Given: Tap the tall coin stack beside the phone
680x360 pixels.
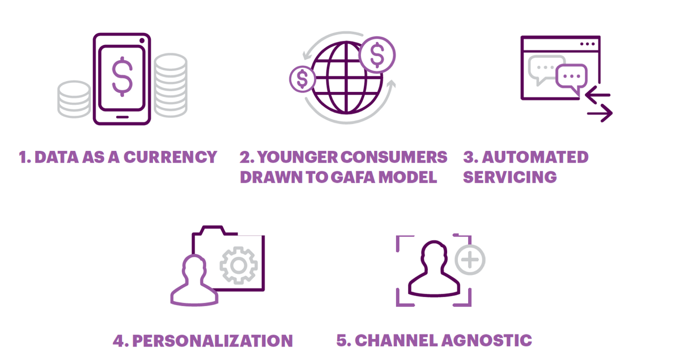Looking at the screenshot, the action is click(171, 86).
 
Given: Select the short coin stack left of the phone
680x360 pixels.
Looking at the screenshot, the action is click(74, 99).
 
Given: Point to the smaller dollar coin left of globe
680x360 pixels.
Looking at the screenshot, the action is click(303, 79).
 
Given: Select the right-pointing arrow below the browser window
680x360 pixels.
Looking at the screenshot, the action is click(600, 114).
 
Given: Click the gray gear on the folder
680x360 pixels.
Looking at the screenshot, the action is click(239, 265).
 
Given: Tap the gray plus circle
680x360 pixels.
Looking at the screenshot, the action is click(470, 260).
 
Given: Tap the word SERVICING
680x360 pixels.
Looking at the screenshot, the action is click(510, 177).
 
